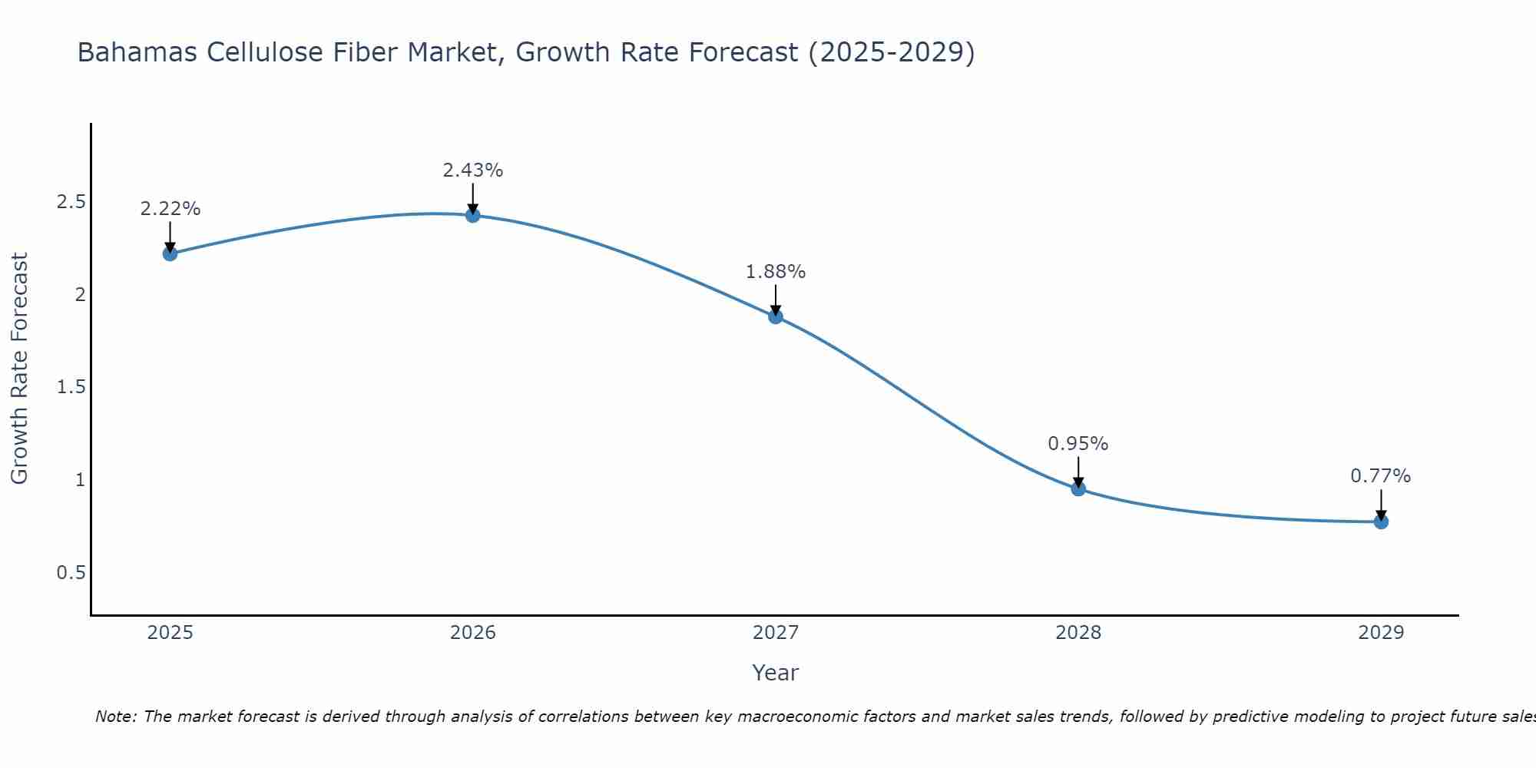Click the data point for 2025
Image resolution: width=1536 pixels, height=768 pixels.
click(x=170, y=253)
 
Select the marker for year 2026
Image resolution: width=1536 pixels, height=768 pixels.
click(x=472, y=215)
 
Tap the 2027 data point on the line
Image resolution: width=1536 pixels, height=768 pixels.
click(x=776, y=316)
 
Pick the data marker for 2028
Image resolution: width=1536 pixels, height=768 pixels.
click(x=1078, y=488)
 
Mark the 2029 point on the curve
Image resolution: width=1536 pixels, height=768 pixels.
click(x=1381, y=521)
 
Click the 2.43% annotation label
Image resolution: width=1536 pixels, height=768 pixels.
click(x=472, y=170)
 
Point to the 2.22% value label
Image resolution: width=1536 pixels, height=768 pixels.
click(x=170, y=209)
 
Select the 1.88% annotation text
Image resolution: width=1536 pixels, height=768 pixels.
click(x=776, y=272)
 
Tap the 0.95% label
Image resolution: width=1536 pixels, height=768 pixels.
click(x=1078, y=444)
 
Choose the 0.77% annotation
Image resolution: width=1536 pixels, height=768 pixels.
click(x=1381, y=476)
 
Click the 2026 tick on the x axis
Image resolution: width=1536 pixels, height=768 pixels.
click(x=472, y=633)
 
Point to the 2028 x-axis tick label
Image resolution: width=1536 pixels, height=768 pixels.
click(x=1078, y=633)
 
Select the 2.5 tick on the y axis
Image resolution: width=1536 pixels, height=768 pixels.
click(x=71, y=202)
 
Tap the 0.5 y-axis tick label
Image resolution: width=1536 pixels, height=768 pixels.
click(x=71, y=573)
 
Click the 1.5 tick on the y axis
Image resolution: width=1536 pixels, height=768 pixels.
click(x=71, y=387)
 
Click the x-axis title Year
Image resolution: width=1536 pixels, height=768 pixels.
click(x=776, y=673)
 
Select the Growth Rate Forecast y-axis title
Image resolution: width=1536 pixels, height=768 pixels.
click(x=19, y=369)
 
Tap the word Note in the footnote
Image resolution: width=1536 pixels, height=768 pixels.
click(x=115, y=717)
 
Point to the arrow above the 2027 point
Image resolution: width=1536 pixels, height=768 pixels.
click(x=776, y=300)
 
